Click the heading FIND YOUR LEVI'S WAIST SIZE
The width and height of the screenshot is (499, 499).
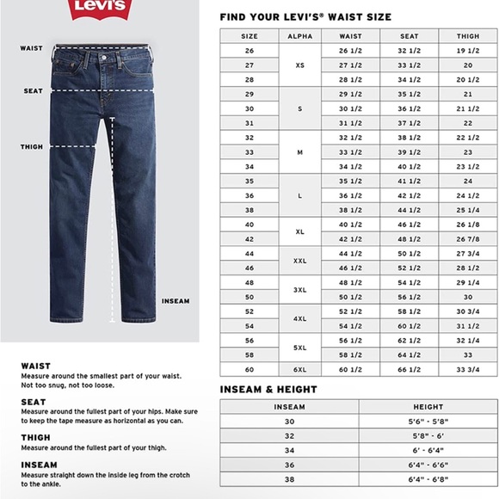pyautogui.click(x=305, y=16)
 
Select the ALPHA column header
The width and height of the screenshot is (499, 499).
pyautogui.click(x=299, y=36)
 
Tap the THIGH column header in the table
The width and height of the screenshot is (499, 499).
pyautogui.click(x=467, y=36)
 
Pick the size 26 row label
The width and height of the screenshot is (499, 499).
pyautogui.click(x=249, y=51)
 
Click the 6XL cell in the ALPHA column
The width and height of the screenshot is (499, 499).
pyautogui.click(x=299, y=370)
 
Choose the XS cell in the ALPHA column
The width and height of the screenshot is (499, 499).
pyautogui.click(x=299, y=65)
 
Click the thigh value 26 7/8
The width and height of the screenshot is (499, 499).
pyautogui.click(x=467, y=238)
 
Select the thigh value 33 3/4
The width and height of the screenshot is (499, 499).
pyautogui.click(x=467, y=370)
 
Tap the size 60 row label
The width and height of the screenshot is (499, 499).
pyautogui.click(x=249, y=370)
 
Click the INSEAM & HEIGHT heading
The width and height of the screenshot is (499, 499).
pyautogui.click(x=268, y=389)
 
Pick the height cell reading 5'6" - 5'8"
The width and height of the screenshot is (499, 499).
pyautogui.click(x=428, y=422)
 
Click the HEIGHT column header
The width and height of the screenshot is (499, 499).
pyautogui.click(x=428, y=407)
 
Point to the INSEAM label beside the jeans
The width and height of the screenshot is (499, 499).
pyautogui.click(x=176, y=301)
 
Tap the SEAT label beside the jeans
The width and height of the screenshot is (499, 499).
pyautogui.click(x=33, y=90)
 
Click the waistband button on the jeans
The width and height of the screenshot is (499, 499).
pyautogui.click(x=107, y=56)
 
